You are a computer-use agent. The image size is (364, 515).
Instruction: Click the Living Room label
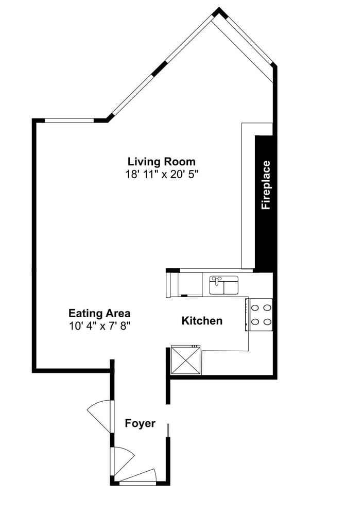(x=162, y=161)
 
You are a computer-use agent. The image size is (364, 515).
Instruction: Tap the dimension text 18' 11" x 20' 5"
(x=162, y=174)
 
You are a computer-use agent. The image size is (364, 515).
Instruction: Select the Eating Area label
(x=99, y=313)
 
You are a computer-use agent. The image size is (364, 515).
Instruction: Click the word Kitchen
(x=202, y=321)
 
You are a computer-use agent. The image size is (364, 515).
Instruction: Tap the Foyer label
(x=140, y=423)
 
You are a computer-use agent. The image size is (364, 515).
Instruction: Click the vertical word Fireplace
(x=266, y=185)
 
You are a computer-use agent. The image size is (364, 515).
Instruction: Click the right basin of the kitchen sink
(x=230, y=286)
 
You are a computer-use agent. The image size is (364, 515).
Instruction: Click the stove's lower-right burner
(x=267, y=322)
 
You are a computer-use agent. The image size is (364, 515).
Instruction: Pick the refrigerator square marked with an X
(x=186, y=359)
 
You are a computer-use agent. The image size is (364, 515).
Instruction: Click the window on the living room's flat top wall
(x=69, y=121)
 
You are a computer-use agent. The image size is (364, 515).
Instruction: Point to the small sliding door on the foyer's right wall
(x=168, y=430)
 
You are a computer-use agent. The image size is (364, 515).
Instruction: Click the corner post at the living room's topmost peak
(x=220, y=11)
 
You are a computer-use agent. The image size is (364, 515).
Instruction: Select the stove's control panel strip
(x=248, y=315)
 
